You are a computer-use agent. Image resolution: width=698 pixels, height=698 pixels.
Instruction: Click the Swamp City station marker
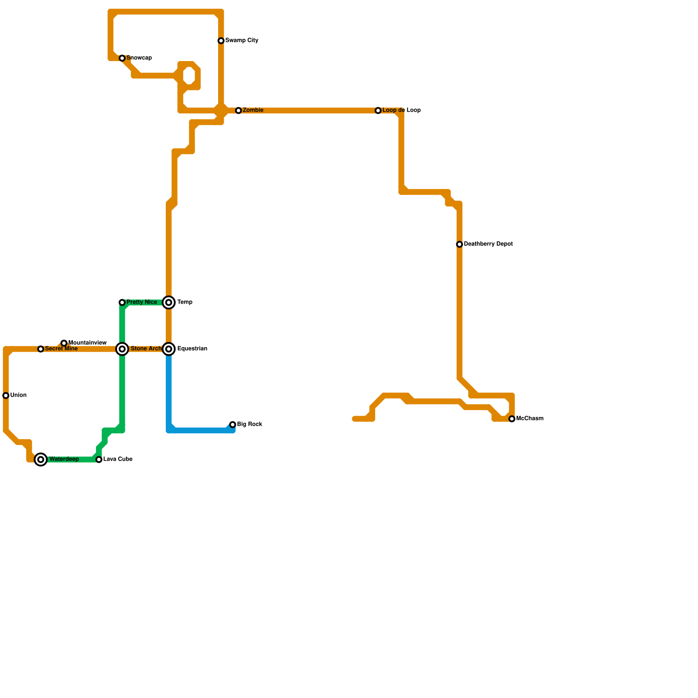click(221, 41)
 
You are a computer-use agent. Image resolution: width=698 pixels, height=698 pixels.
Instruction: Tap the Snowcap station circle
click(122, 58)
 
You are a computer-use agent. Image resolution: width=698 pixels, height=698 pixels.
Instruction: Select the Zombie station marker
click(238, 111)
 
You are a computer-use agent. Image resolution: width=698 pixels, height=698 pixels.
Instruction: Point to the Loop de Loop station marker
click(378, 111)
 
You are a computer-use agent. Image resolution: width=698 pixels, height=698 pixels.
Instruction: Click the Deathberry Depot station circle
click(459, 245)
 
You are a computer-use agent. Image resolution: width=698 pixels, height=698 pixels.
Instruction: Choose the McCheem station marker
click(512, 419)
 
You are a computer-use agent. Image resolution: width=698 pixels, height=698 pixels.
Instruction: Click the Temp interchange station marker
click(169, 303)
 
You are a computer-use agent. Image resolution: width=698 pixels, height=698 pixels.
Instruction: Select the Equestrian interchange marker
click(169, 349)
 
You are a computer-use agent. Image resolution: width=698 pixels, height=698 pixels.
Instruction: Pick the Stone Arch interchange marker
click(123, 349)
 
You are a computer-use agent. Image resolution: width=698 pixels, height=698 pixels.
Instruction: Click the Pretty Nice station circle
click(122, 303)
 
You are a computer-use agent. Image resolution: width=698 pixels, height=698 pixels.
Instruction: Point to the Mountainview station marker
click(64, 343)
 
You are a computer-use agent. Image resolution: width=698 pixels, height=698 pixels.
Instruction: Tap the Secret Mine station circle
click(41, 349)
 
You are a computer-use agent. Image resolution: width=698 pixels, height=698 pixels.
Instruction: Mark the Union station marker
click(6, 396)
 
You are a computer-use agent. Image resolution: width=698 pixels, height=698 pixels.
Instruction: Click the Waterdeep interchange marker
click(41, 460)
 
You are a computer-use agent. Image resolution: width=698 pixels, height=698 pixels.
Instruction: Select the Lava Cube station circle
click(99, 460)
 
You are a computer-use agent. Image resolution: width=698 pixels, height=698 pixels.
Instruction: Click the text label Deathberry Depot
click(488, 244)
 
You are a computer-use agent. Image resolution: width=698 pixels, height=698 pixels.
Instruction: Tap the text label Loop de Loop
click(401, 110)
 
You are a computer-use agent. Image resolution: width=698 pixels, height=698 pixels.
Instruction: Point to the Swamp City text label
click(242, 41)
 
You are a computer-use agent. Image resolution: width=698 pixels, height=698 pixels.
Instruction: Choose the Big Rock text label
click(250, 424)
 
